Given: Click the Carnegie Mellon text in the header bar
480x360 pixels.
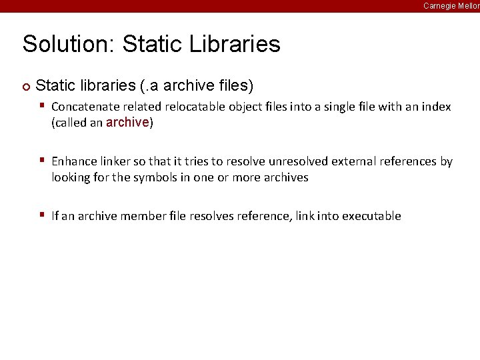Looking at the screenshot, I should click(451, 5).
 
